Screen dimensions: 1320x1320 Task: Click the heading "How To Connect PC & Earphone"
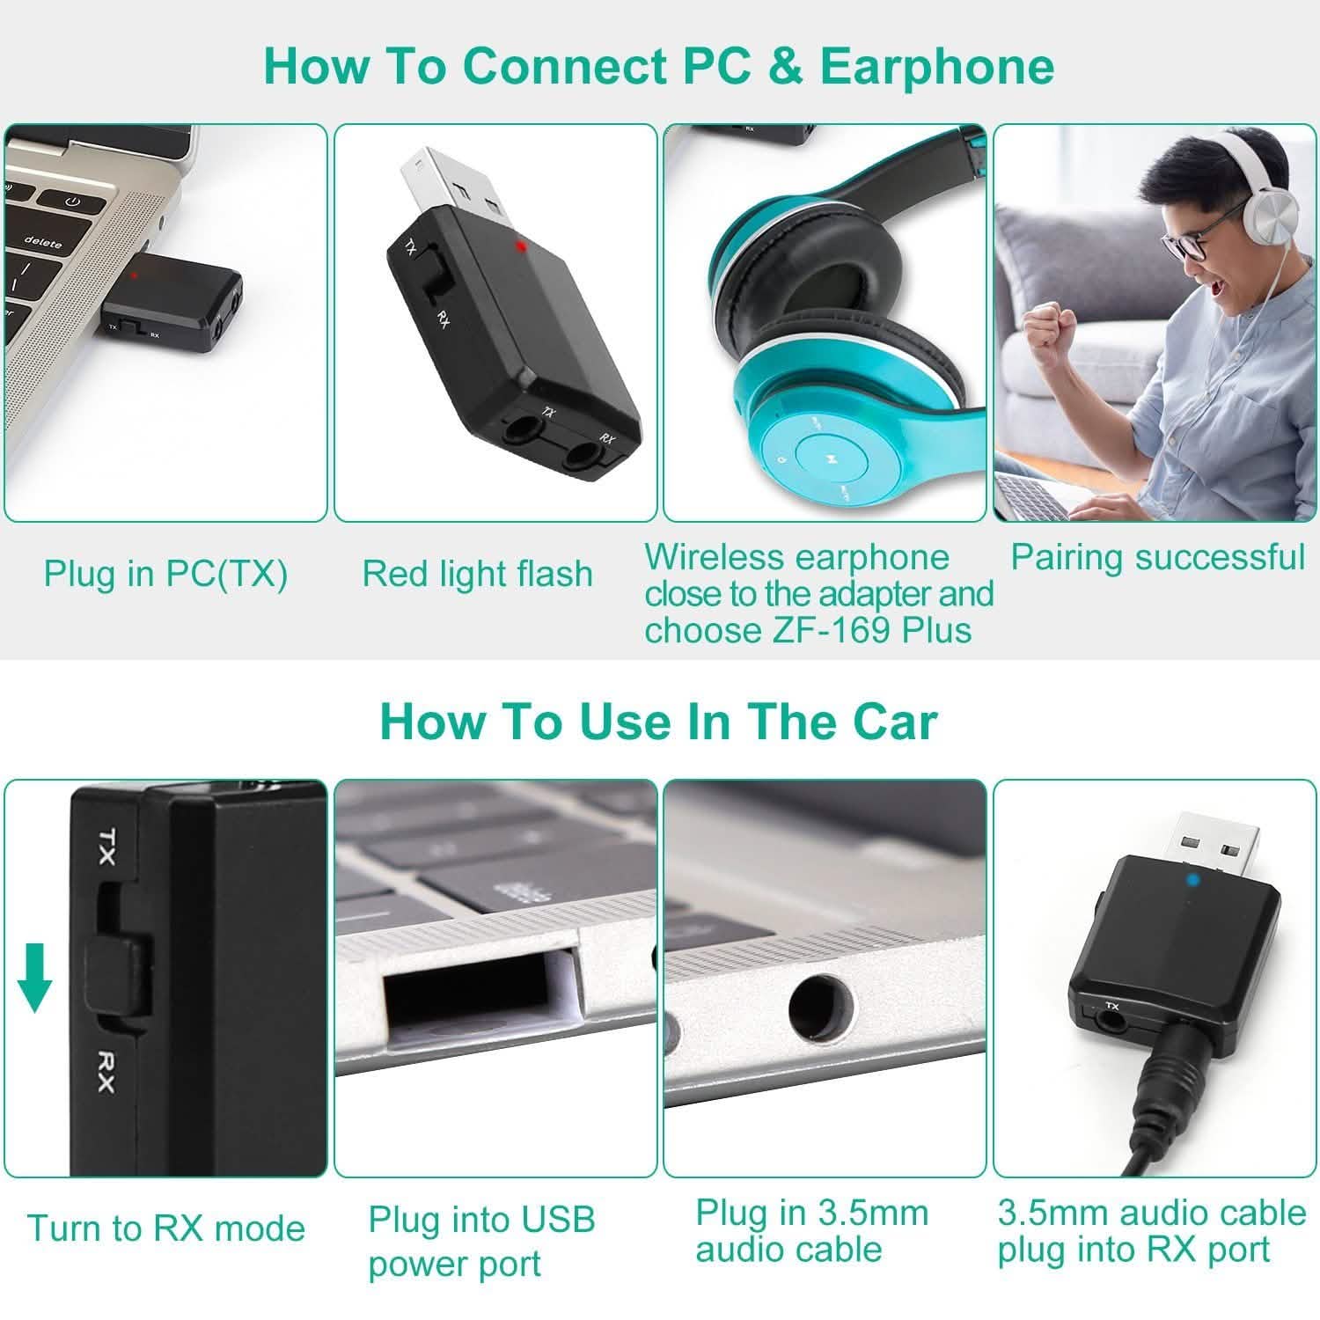click(658, 66)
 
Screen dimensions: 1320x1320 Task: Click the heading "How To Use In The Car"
click(658, 722)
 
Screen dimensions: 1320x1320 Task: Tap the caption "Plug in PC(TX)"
click(165, 575)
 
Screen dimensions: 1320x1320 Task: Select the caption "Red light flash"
click(477, 575)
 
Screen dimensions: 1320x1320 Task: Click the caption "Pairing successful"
click(1156, 557)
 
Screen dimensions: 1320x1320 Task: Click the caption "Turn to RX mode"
click(165, 1228)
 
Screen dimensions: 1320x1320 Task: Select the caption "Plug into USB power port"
click(481, 1241)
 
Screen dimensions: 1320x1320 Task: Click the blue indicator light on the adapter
click(1167, 879)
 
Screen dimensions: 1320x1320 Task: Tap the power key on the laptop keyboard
click(73, 202)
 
